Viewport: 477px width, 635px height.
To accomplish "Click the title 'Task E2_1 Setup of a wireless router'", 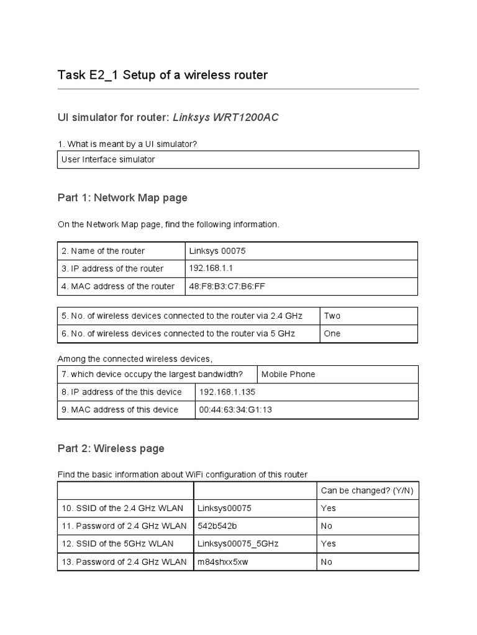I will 162,75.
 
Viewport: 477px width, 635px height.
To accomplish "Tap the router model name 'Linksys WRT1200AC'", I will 225,117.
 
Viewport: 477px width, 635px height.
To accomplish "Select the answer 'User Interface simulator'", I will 108,159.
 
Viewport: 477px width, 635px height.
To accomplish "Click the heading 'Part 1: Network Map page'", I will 122,198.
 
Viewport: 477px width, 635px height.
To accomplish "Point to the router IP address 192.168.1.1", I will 211,269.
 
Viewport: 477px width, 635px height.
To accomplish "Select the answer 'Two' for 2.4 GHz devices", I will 332,316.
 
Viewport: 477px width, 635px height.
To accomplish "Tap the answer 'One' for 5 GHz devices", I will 332,334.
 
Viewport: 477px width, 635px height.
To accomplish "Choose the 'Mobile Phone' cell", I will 288,375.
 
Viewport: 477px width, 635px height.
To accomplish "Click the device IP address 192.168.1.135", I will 227,392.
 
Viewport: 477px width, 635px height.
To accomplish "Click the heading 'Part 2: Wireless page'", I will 111,448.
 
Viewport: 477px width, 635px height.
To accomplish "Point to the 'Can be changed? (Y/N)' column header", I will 366,491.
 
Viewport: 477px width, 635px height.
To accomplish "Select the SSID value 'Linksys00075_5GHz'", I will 238,544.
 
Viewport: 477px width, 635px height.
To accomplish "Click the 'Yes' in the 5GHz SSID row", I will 328,544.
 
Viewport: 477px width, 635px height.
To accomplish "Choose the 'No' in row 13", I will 327,562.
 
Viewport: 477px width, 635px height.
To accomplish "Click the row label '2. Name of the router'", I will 103,251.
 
